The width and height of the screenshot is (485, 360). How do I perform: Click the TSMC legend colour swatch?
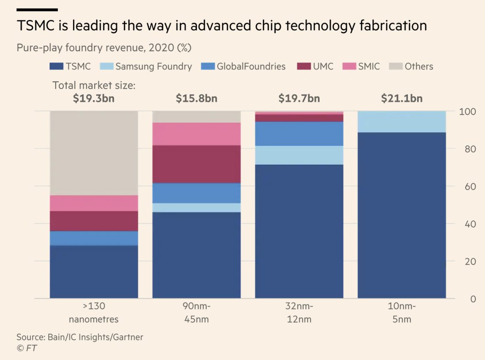(56, 67)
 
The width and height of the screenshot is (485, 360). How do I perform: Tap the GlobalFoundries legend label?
(251, 67)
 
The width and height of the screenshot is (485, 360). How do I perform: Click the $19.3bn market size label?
(94, 98)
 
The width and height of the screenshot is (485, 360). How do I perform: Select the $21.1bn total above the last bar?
(401, 98)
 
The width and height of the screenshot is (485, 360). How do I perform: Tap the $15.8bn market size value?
(196, 98)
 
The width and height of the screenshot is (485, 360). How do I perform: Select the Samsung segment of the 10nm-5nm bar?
(401, 122)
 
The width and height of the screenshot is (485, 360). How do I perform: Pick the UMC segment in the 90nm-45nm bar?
(196, 164)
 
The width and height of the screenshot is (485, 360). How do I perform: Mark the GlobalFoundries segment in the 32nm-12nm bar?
(299, 134)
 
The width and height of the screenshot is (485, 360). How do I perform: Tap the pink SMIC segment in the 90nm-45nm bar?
(196, 134)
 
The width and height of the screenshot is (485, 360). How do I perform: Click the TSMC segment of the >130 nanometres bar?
(94, 271)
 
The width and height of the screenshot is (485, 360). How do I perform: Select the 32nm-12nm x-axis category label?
(299, 313)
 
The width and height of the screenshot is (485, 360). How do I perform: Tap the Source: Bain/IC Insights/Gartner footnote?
(80, 337)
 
